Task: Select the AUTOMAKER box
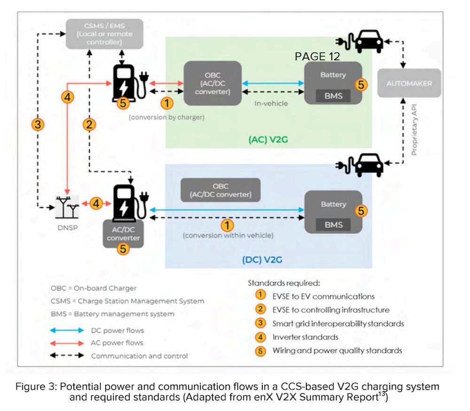[x=408, y=83]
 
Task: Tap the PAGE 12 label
[x=317, y=56]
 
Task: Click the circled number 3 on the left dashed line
[x=38, y=124]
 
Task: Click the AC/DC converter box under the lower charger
[x=123, y=234]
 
